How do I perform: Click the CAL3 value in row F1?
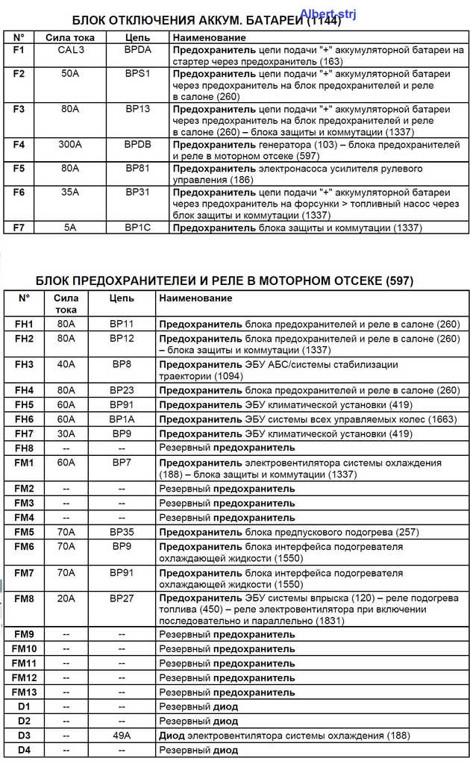pos(70,49)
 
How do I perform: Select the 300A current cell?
pos(70,143)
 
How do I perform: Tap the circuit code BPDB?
pos(138,143)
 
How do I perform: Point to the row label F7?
pos(19,228)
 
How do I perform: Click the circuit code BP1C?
pos(138,228)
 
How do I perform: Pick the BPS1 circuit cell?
pos(138,74)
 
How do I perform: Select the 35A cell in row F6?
pos(70,192)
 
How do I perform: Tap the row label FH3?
pos(24,364)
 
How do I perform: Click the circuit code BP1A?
pos(122,419)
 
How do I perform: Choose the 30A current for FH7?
pos(66,433)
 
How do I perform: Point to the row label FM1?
pos(24,463)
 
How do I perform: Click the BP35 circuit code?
pos(122,532)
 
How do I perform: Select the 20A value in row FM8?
pos(66,598)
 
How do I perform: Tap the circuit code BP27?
pos(122,598)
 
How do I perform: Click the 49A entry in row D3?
pos(122,735)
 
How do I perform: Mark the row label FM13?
pos(24,692)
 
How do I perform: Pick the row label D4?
pos(24,749)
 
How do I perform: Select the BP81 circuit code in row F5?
pos(138,168)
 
